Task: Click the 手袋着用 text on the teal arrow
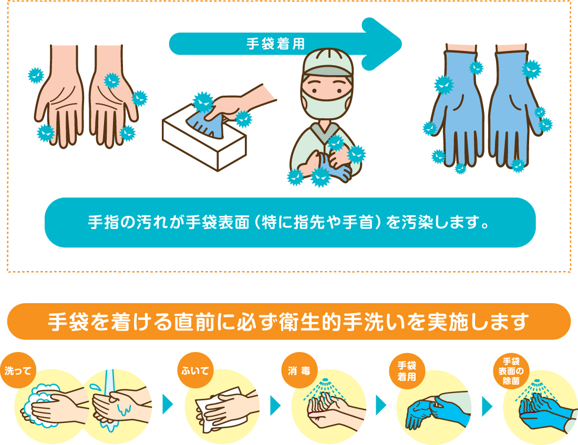pos(276,44)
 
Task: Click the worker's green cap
pos(328,63)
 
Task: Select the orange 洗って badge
pos(18,370)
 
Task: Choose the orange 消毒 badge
pos(299,370)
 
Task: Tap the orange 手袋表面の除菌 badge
pos(511,371)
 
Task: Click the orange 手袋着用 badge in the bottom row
pos(407,371)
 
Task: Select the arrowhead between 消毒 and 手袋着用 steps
pos(381,405)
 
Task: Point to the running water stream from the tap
pos(109,398)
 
